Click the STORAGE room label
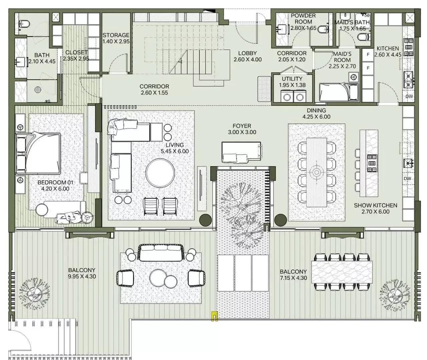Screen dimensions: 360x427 click(x=116, y=35)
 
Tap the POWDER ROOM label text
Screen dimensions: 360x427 click(x=303, y=19)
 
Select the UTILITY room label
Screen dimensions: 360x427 click(x=292, y=79)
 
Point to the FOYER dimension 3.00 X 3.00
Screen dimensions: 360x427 click(x=242, y=132)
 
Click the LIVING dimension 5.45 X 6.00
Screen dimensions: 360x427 click(x=175, y=151)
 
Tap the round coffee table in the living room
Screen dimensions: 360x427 click(x=160, y=173)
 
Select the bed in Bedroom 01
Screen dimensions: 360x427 click(x=39, y=153)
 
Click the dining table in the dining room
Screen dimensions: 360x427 click(x=316, y=172)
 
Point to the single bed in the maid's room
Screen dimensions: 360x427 click(x=338, y=92)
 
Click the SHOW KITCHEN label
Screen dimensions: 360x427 click(x=375, y=205)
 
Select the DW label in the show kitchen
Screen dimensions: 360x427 click(x=407, y=179)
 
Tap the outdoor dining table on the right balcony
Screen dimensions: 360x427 click(x=342, y=272)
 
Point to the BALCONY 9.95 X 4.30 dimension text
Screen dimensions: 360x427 click(x=82, y=276)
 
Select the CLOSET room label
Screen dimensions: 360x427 click(x=76, y=52)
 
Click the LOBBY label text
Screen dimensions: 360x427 click(x=247, y=53)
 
